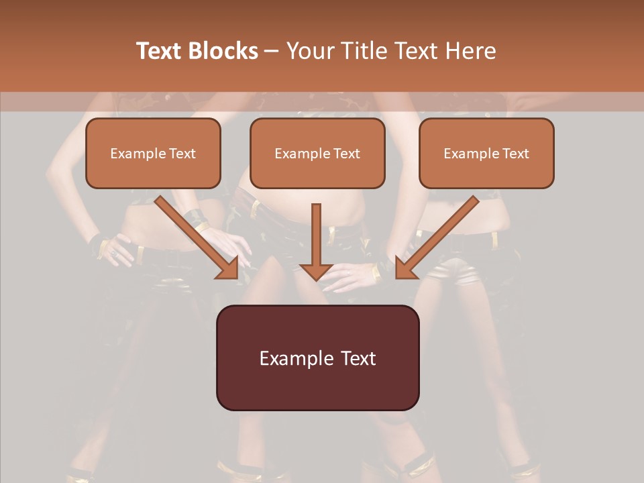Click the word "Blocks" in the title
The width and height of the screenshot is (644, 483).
click(224, 51)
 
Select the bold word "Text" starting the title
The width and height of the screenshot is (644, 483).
click(161, 51)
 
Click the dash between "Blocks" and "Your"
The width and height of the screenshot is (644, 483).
click(272, 51)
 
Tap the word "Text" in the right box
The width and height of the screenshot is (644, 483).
click(515, 154)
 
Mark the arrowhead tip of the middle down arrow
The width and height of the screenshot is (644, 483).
click(316, 278)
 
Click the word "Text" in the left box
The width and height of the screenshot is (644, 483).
click(182, 154)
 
